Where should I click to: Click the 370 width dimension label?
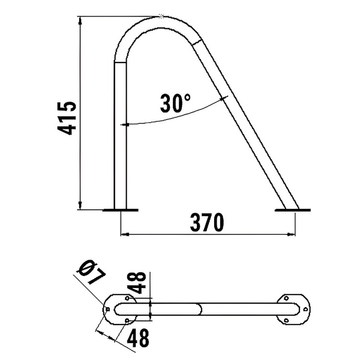point(207,222)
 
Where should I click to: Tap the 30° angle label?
point(175,103)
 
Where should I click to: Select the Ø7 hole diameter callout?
point(92,272)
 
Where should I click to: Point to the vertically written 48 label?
point(138,283)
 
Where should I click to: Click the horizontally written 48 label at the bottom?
point(138,338)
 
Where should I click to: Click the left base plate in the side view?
point(120,210)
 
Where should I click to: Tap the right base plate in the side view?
point(292,210)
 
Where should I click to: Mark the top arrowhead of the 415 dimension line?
point(80,21)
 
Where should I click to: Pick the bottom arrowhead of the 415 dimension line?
point(80,205)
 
